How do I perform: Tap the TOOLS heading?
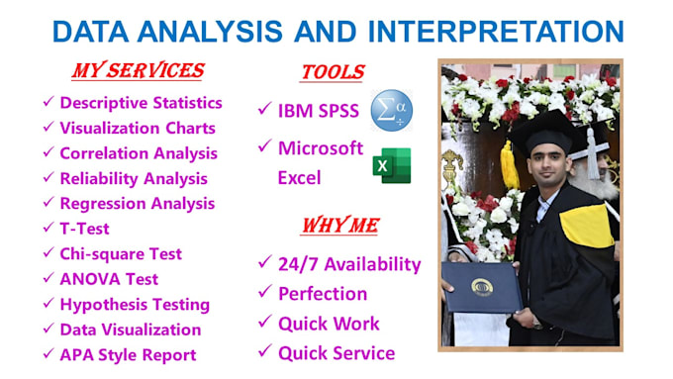332,72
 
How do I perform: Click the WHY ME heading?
339,226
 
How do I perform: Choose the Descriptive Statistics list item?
141,102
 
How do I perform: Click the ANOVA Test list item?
109,279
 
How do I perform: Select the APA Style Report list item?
128,354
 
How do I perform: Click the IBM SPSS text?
319,111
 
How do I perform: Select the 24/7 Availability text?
349,264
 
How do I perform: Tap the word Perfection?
323,294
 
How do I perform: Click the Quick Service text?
336,352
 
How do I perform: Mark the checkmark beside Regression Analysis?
48,204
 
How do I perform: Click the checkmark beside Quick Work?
264,324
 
